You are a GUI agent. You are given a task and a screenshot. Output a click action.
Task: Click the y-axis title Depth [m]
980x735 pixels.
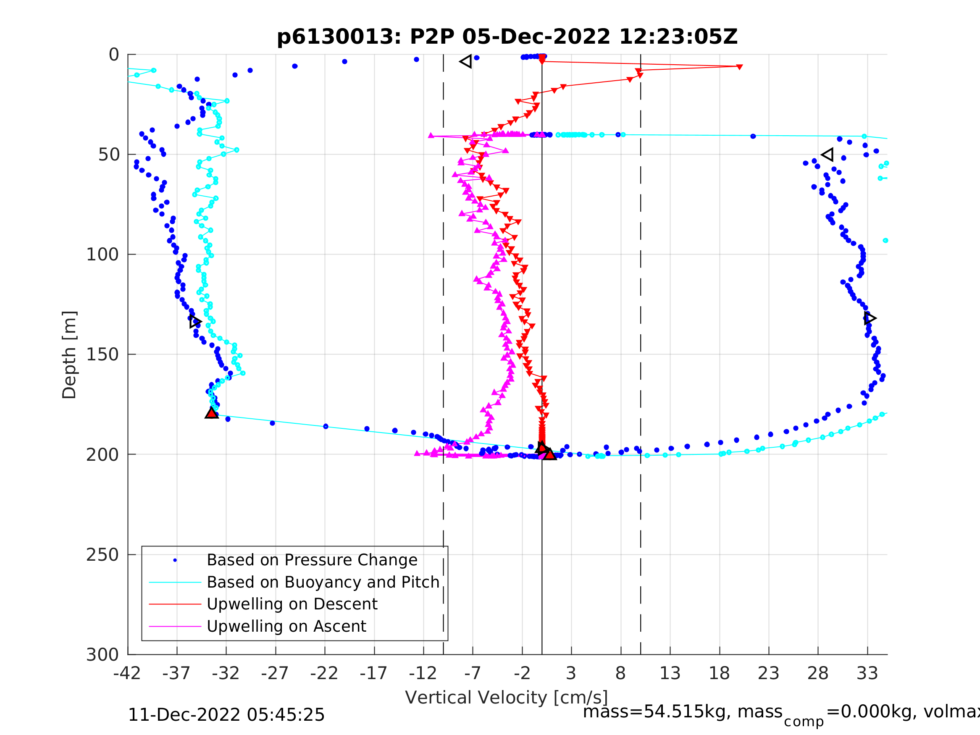(70, 355)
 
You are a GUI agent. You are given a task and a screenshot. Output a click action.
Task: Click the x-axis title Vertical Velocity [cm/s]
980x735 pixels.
(507, 698)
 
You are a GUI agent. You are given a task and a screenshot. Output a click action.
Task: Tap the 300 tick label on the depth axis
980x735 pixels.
(102, 655)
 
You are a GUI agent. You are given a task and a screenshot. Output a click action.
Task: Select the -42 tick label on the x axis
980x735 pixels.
(127, 674)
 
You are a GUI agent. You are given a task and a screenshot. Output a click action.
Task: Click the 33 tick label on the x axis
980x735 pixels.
(867, 674)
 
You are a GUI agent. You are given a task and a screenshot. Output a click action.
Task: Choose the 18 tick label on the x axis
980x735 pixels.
(719, 674)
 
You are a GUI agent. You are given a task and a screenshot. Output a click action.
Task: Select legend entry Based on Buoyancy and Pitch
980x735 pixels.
(323, 582)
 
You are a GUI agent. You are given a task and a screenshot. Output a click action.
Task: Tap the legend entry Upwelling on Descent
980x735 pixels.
(292, 604)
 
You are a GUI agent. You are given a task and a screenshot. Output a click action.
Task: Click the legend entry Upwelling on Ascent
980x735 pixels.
(286, 627)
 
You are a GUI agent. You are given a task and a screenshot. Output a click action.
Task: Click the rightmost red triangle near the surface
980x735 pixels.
(739, 67)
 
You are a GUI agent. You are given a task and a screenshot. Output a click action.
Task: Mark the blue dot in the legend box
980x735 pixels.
(175, 560)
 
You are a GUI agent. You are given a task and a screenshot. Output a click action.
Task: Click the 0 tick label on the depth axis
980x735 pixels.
(114, 55)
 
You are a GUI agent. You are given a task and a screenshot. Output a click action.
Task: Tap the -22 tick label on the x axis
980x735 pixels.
(324, 674)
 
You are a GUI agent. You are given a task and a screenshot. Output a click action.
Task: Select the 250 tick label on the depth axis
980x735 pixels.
(102, 555)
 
